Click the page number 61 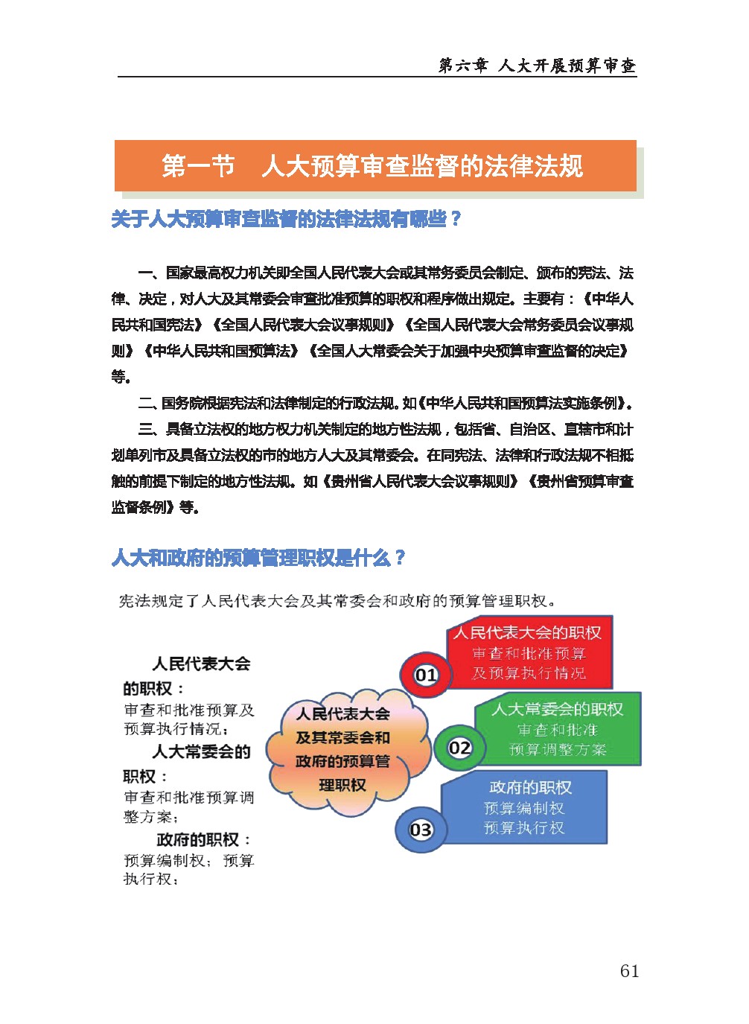[629, 970]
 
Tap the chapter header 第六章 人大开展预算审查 [537, 66]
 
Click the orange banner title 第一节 [198, 166]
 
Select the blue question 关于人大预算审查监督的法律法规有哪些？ [287, 219]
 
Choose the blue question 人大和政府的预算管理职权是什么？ [258, 558]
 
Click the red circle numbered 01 [426, 675]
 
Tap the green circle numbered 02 [459, 747]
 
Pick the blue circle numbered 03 [421, 829]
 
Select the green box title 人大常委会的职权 [557, 710]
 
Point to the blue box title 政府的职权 [530, 787]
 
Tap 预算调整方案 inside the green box [558, 750]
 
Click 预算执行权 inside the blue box [524, 828]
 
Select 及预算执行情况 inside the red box [529, 673]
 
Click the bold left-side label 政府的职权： [204, 840]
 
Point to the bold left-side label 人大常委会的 [201, 752]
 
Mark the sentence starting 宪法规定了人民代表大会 [337, 601]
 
